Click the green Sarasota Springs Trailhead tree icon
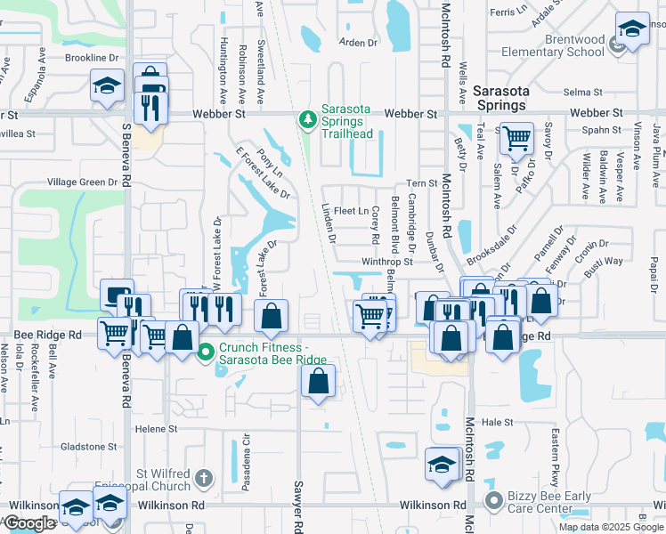(307, 119)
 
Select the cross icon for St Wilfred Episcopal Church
(204, 479)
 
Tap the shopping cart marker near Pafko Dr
(516, 139)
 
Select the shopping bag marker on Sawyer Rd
(318, 382)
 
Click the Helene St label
(156, 429)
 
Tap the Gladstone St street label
(88, 447)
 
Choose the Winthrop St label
(386, 263)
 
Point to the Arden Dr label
(359, 43)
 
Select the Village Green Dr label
(82, 182)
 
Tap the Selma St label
(583, 92)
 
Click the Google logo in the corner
(29, 523)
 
